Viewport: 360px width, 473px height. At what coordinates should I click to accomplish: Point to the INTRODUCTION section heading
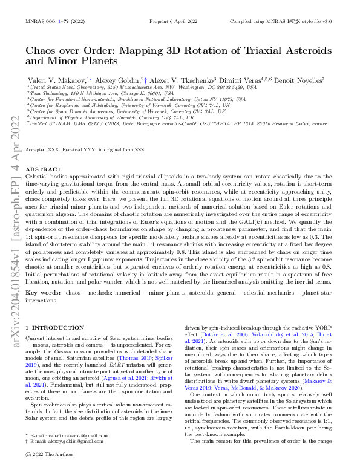point(54,327)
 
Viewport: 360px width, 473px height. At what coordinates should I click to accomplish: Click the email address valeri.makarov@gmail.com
point(70,452)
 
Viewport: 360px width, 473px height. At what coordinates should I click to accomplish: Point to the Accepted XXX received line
point(93,148)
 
